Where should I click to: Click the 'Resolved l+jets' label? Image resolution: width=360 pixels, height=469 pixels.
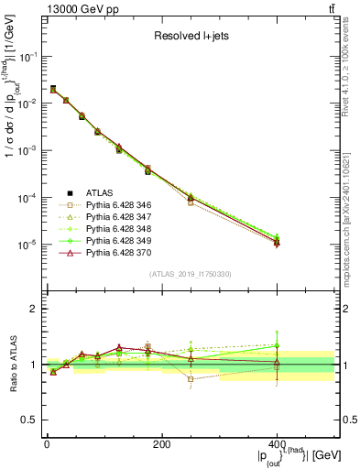click(x=191, y=37)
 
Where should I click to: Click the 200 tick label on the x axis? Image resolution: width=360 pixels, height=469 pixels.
click(x=161, y=443)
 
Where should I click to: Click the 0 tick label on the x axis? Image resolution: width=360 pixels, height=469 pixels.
click(x=47, y=443)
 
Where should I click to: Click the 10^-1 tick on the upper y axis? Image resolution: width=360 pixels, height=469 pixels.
click(x=29, y=56)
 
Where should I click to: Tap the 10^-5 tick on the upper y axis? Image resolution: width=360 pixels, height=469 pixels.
click(x=29, y=245)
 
